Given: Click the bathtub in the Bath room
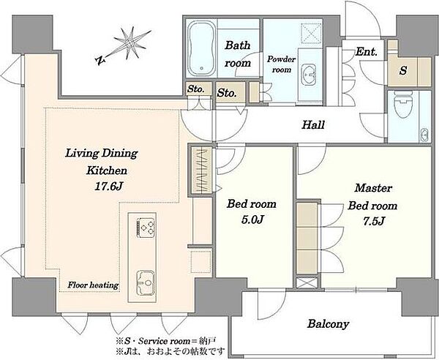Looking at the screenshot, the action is tap(202, 48).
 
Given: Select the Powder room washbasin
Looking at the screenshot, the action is tap(309, 74).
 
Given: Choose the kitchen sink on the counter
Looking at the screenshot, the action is tap(146, 284).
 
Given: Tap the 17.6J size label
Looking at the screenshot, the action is tap(109, 187).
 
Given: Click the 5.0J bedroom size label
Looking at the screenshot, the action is tap(252, 220).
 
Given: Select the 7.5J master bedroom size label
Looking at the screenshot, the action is tap(373, 222).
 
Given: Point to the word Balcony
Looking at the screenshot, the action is tap(328, 324).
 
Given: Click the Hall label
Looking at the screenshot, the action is tap(313, 125).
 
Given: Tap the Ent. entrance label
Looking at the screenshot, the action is tap(366, 52).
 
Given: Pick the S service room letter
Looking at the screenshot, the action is tap(403, 70).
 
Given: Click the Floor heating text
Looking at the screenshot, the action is tap(93, 285).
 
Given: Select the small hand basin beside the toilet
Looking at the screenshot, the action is tap(424, 135).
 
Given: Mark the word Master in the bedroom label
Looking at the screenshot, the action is tap(373, 188).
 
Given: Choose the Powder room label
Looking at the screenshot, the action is tap(282, 64).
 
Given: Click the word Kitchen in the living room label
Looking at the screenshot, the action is tap(106, 170).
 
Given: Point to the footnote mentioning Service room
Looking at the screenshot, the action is tap(166, 341).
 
